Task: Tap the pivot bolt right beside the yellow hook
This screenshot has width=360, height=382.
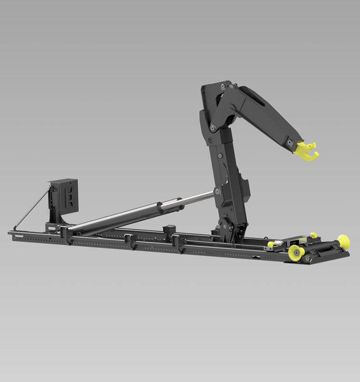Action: [x=290, y=142]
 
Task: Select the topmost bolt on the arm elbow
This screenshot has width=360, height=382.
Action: [x=223, y=88]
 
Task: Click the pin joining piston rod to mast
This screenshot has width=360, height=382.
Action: [x=217, y=192]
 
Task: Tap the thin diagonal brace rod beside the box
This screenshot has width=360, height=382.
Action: [x=32, y=208]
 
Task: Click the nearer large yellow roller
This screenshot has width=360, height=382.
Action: [x=294, y=251]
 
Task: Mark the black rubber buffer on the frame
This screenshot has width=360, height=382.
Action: [x=169, y=228]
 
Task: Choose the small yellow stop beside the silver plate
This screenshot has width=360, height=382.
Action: [x=271, y=244]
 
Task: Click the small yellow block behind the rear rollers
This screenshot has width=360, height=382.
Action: [x=313, y=235]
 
